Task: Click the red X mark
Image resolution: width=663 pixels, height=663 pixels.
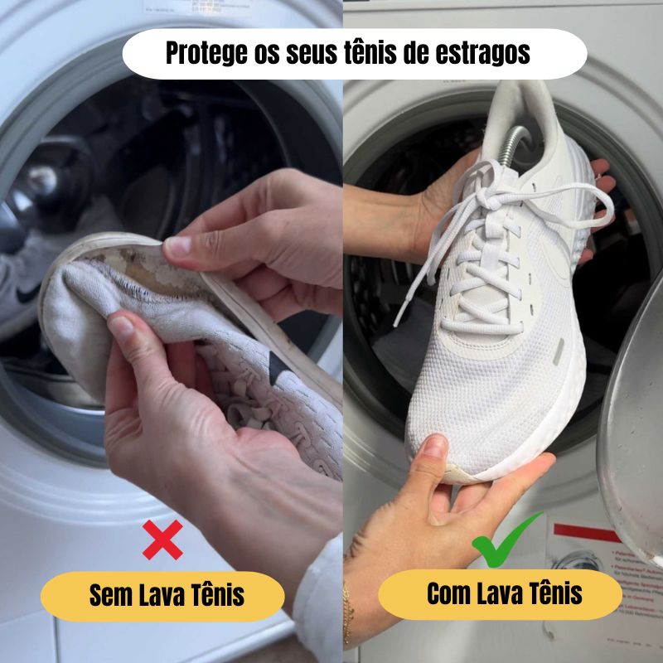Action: (163, 540)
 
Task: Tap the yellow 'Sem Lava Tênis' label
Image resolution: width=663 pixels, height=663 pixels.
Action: (162, 596)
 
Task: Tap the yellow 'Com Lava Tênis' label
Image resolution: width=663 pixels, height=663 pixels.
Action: (500, 594)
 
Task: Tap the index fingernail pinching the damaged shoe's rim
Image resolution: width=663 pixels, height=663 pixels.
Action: (178, 246)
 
